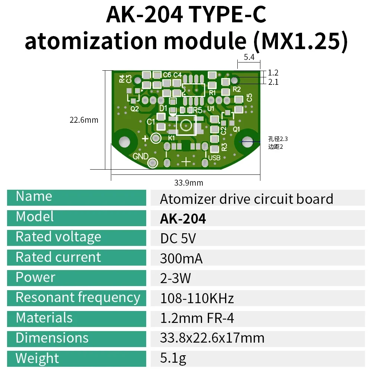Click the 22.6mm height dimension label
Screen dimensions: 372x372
[84, 120]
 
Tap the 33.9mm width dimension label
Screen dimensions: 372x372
[189, 183]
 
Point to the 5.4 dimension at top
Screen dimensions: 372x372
[249, 57]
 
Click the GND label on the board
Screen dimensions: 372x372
[141, 156]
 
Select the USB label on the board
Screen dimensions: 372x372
[214, 158]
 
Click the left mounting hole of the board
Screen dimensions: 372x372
[124, 141]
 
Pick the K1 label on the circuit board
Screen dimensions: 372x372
[171, 138]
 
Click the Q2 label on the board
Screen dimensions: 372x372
[134, 109]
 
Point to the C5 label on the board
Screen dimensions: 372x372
[249, 97]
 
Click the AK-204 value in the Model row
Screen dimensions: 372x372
[183, 219]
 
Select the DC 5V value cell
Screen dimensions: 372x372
[177, 239]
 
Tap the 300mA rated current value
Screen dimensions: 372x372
[181, 259]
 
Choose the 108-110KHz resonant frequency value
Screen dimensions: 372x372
[197, 298]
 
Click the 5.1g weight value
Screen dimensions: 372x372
[173, 358]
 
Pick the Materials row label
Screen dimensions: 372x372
[44, 318]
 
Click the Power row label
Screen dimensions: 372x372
[35, 278]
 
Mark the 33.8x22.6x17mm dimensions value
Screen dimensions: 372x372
[212, 338]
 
